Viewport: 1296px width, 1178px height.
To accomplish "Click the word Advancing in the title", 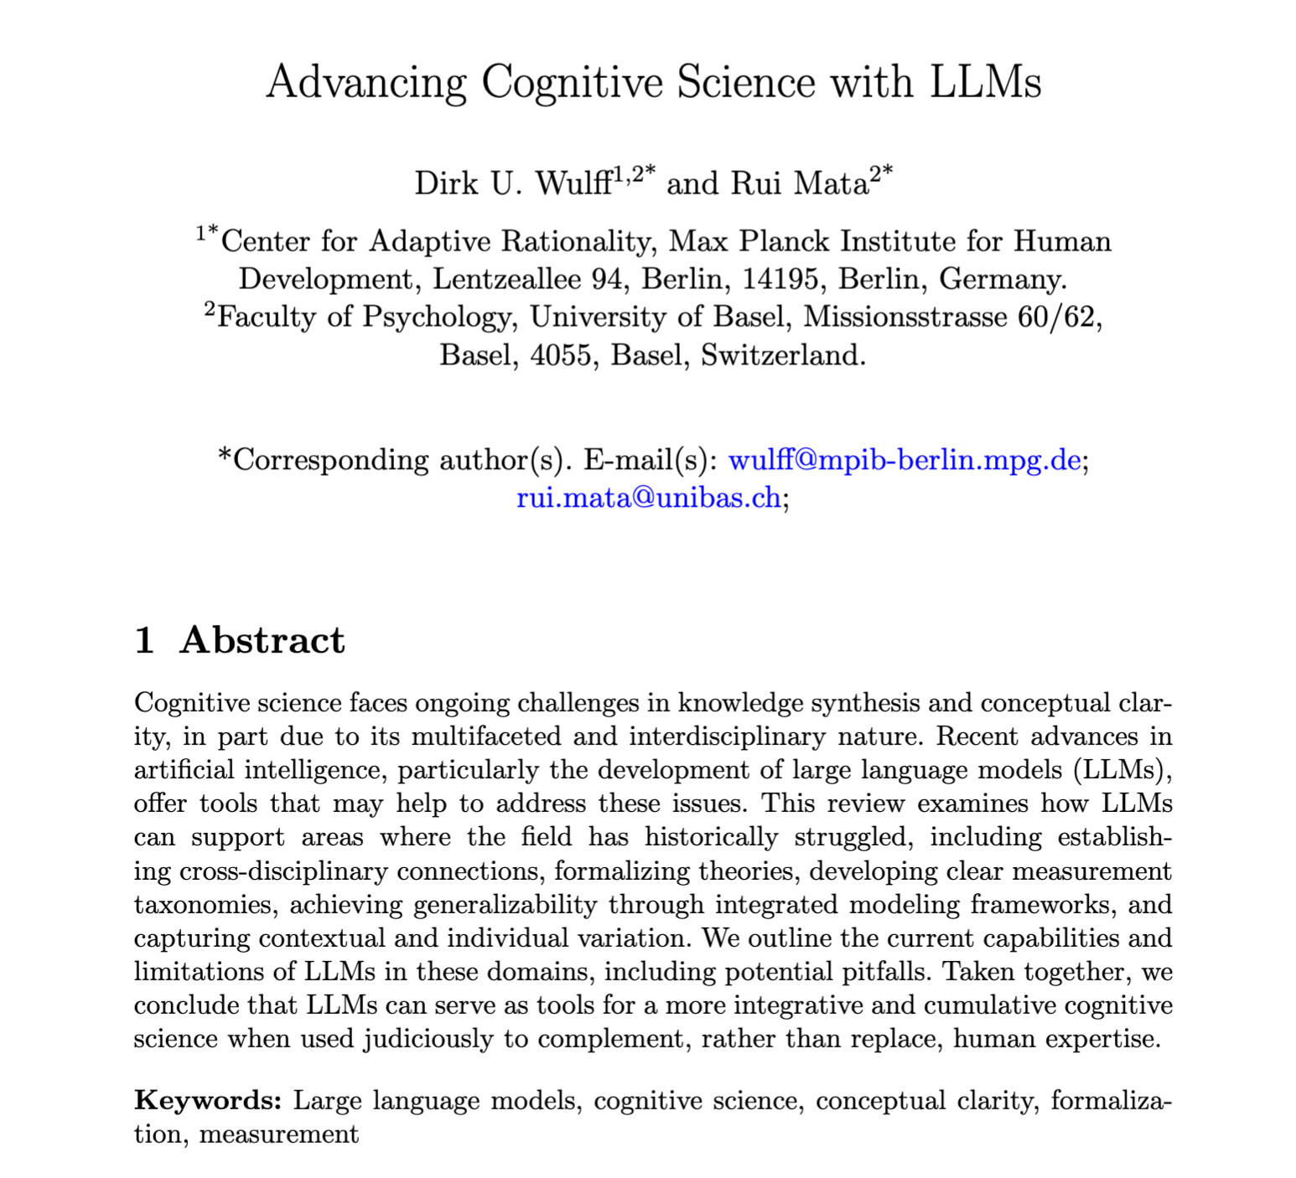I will coord(365,83).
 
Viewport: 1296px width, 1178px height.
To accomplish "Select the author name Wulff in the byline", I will coord(573,183).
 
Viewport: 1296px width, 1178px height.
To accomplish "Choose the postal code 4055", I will coord(562,355).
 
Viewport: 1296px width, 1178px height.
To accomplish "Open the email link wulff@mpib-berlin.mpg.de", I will coord(905,460).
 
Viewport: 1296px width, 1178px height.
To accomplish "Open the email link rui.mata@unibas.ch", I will coord(649,499).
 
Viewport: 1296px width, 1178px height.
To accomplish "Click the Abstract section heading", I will coord(262,640).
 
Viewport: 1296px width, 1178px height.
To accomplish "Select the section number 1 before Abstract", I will coord(144,640).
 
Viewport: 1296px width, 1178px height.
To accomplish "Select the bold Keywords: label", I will coord(208,1100).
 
